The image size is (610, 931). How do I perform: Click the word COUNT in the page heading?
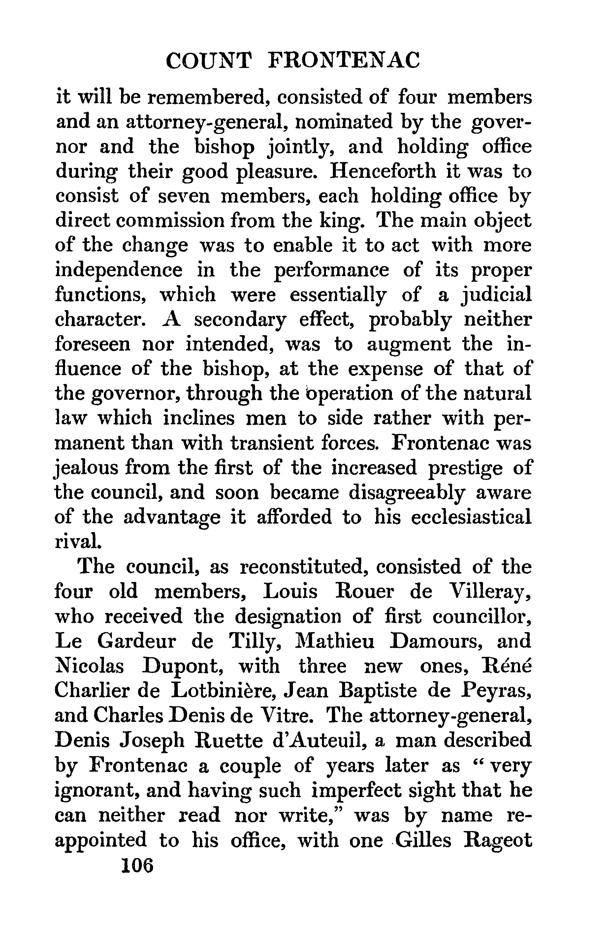[x=208, y=61]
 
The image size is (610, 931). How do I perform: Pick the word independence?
[x=118, y=270]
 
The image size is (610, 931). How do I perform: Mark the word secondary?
[x=240, y=320]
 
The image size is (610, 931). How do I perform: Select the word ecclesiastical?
[x=471, y=517]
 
